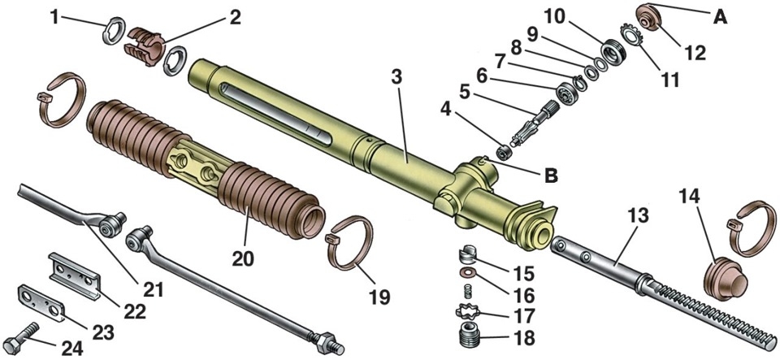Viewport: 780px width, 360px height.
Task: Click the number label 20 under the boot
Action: click(x=243, y=258)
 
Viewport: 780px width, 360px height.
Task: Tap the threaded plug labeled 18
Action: click(x=467, y=335)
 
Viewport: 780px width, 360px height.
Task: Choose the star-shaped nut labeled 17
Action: click(x=467, y=310)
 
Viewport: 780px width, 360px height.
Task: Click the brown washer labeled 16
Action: click(x=466, y=271)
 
